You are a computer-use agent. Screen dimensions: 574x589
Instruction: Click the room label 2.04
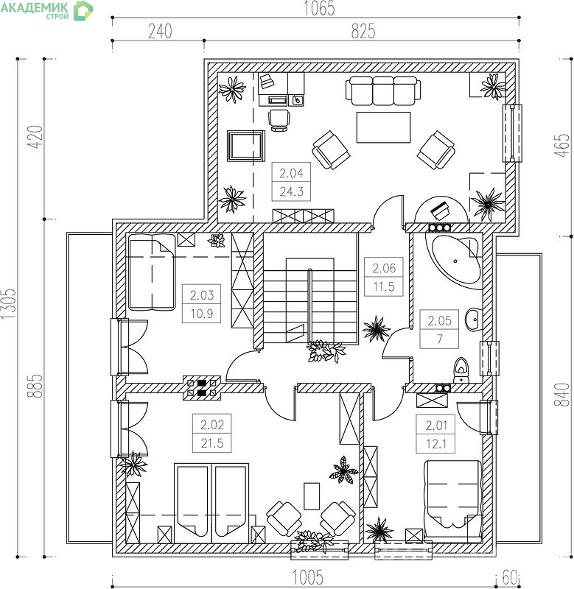(x=291, y=173)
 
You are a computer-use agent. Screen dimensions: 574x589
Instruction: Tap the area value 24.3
(x=291, y=191)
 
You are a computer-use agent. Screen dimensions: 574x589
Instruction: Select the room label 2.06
(x=384, y=268)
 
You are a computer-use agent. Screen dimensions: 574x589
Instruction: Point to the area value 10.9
(x=201, y=314)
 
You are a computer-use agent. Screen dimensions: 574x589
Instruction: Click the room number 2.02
(x=212, y=425)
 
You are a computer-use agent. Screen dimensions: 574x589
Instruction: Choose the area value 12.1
(x=436, y=444)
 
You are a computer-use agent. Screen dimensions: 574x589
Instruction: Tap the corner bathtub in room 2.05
(x=454, y=260)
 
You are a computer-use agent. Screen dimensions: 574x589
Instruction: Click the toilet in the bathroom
(x=461, y=370)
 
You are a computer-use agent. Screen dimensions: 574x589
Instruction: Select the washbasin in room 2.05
(x=474, y=320)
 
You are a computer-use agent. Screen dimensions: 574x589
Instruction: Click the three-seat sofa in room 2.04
(x=383, y=91)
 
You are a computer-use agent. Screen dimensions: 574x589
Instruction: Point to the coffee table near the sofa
(x=383, y=127)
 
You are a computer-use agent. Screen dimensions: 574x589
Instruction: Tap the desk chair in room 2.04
(x=279, y=120)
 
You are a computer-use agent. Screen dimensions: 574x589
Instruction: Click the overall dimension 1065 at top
(x=319, y=8)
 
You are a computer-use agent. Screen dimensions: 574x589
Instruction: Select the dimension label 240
(x=160, y=31)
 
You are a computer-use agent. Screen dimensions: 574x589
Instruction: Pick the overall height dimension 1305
(x=8, y=304)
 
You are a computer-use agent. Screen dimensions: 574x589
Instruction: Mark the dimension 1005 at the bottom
(x=308, y=577)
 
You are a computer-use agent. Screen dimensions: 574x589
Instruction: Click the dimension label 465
(x=562, y=145)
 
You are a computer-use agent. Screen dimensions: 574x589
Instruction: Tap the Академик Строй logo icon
(x=83, y=10)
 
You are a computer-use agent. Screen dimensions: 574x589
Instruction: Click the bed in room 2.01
(x=453, y=502)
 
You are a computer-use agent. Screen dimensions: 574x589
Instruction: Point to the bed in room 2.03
(x=152, y=272)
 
